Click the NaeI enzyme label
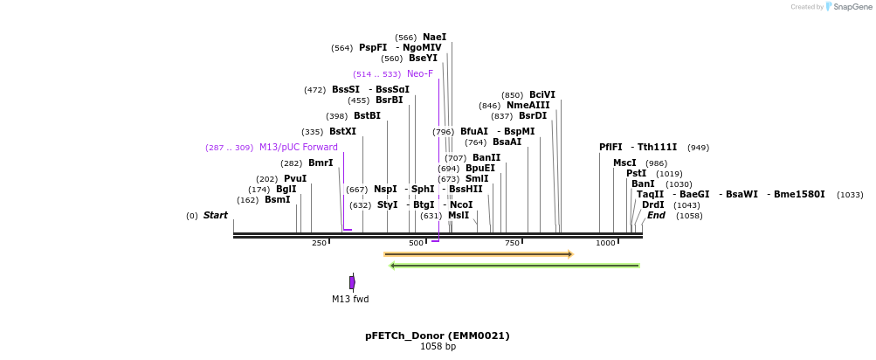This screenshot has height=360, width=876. coord(434,37)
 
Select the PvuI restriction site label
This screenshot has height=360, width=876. coord(295,178)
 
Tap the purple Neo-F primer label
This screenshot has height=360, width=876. coord(419,73)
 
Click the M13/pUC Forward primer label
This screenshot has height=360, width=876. coord(298,147)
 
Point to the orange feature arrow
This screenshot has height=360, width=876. coord(478,254)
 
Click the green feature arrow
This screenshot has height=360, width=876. coord(514,266)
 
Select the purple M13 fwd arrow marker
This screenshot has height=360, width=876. coord(352,282)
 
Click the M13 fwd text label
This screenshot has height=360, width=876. coord(350,299)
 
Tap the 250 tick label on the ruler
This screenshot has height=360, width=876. coord(319,243)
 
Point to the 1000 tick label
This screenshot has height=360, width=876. coord(604,243)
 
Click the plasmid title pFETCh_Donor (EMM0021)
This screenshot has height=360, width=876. coord(437,336)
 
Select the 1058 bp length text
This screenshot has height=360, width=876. coord(438,347)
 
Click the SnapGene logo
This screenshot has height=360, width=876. coord(846,7)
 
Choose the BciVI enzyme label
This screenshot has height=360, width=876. coord(541,94)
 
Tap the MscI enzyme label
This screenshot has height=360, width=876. coord(624,163)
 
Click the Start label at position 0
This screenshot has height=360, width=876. coord(216,215)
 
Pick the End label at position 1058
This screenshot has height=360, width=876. coord(656,215)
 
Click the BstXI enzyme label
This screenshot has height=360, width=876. coord(342,131)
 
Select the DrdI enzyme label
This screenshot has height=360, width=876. coord(653,204)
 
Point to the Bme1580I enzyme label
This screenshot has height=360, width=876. coord(799,194)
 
